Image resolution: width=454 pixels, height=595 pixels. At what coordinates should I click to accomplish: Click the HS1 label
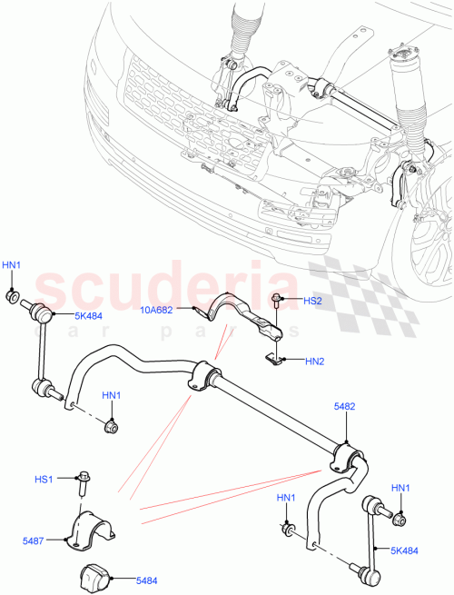(44, 478)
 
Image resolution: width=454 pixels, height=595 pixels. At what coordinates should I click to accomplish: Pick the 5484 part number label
(146, 579)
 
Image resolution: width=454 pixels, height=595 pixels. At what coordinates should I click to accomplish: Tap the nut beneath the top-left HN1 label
(14, 296)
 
